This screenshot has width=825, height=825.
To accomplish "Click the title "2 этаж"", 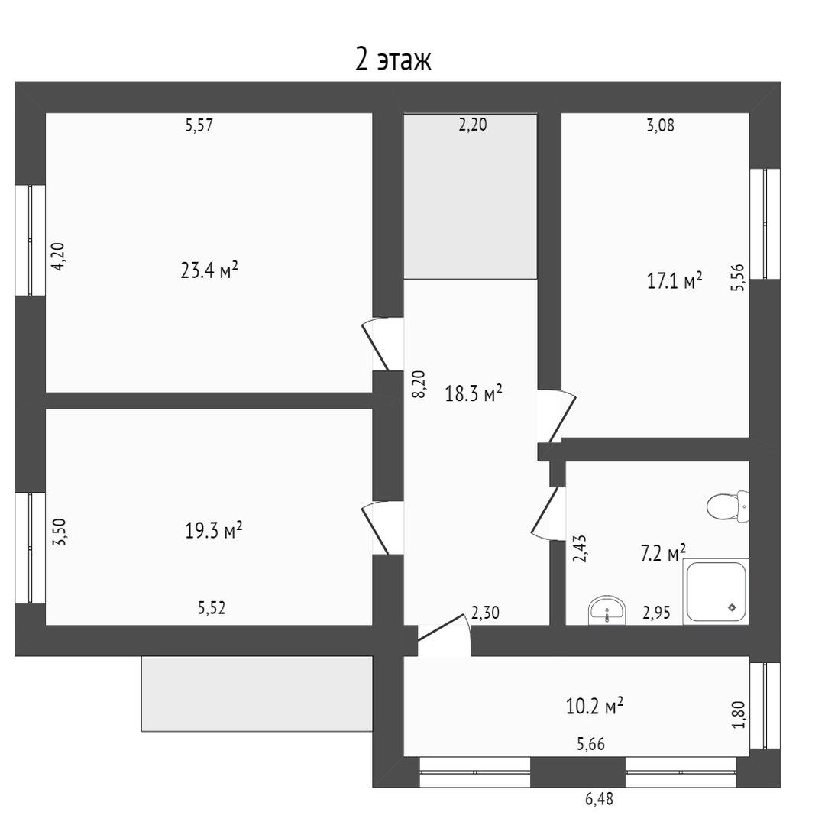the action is (393, 60).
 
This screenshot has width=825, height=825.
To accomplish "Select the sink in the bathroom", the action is (607, 610).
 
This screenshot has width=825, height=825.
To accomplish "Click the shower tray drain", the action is (732, 608).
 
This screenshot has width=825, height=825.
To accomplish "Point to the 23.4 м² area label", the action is (209, 270).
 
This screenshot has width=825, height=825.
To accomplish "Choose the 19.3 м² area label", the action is (213, 530).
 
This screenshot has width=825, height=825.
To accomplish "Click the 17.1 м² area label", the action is (674, 280).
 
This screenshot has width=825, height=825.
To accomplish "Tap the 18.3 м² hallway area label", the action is (474, 393).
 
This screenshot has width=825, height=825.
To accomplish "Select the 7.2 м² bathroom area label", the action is (663, 553).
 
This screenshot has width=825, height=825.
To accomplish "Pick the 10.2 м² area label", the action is (594, 706).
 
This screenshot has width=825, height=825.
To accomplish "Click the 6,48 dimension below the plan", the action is (599, 799).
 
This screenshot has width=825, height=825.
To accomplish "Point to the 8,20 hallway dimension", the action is (419, 384).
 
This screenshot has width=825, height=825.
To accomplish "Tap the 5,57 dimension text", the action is (199, 125).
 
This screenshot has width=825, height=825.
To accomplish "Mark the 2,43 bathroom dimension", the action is (580, 548).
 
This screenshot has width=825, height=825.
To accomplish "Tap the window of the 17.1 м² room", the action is (765, 224).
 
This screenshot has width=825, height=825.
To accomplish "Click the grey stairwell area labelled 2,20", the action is (471, 196).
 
